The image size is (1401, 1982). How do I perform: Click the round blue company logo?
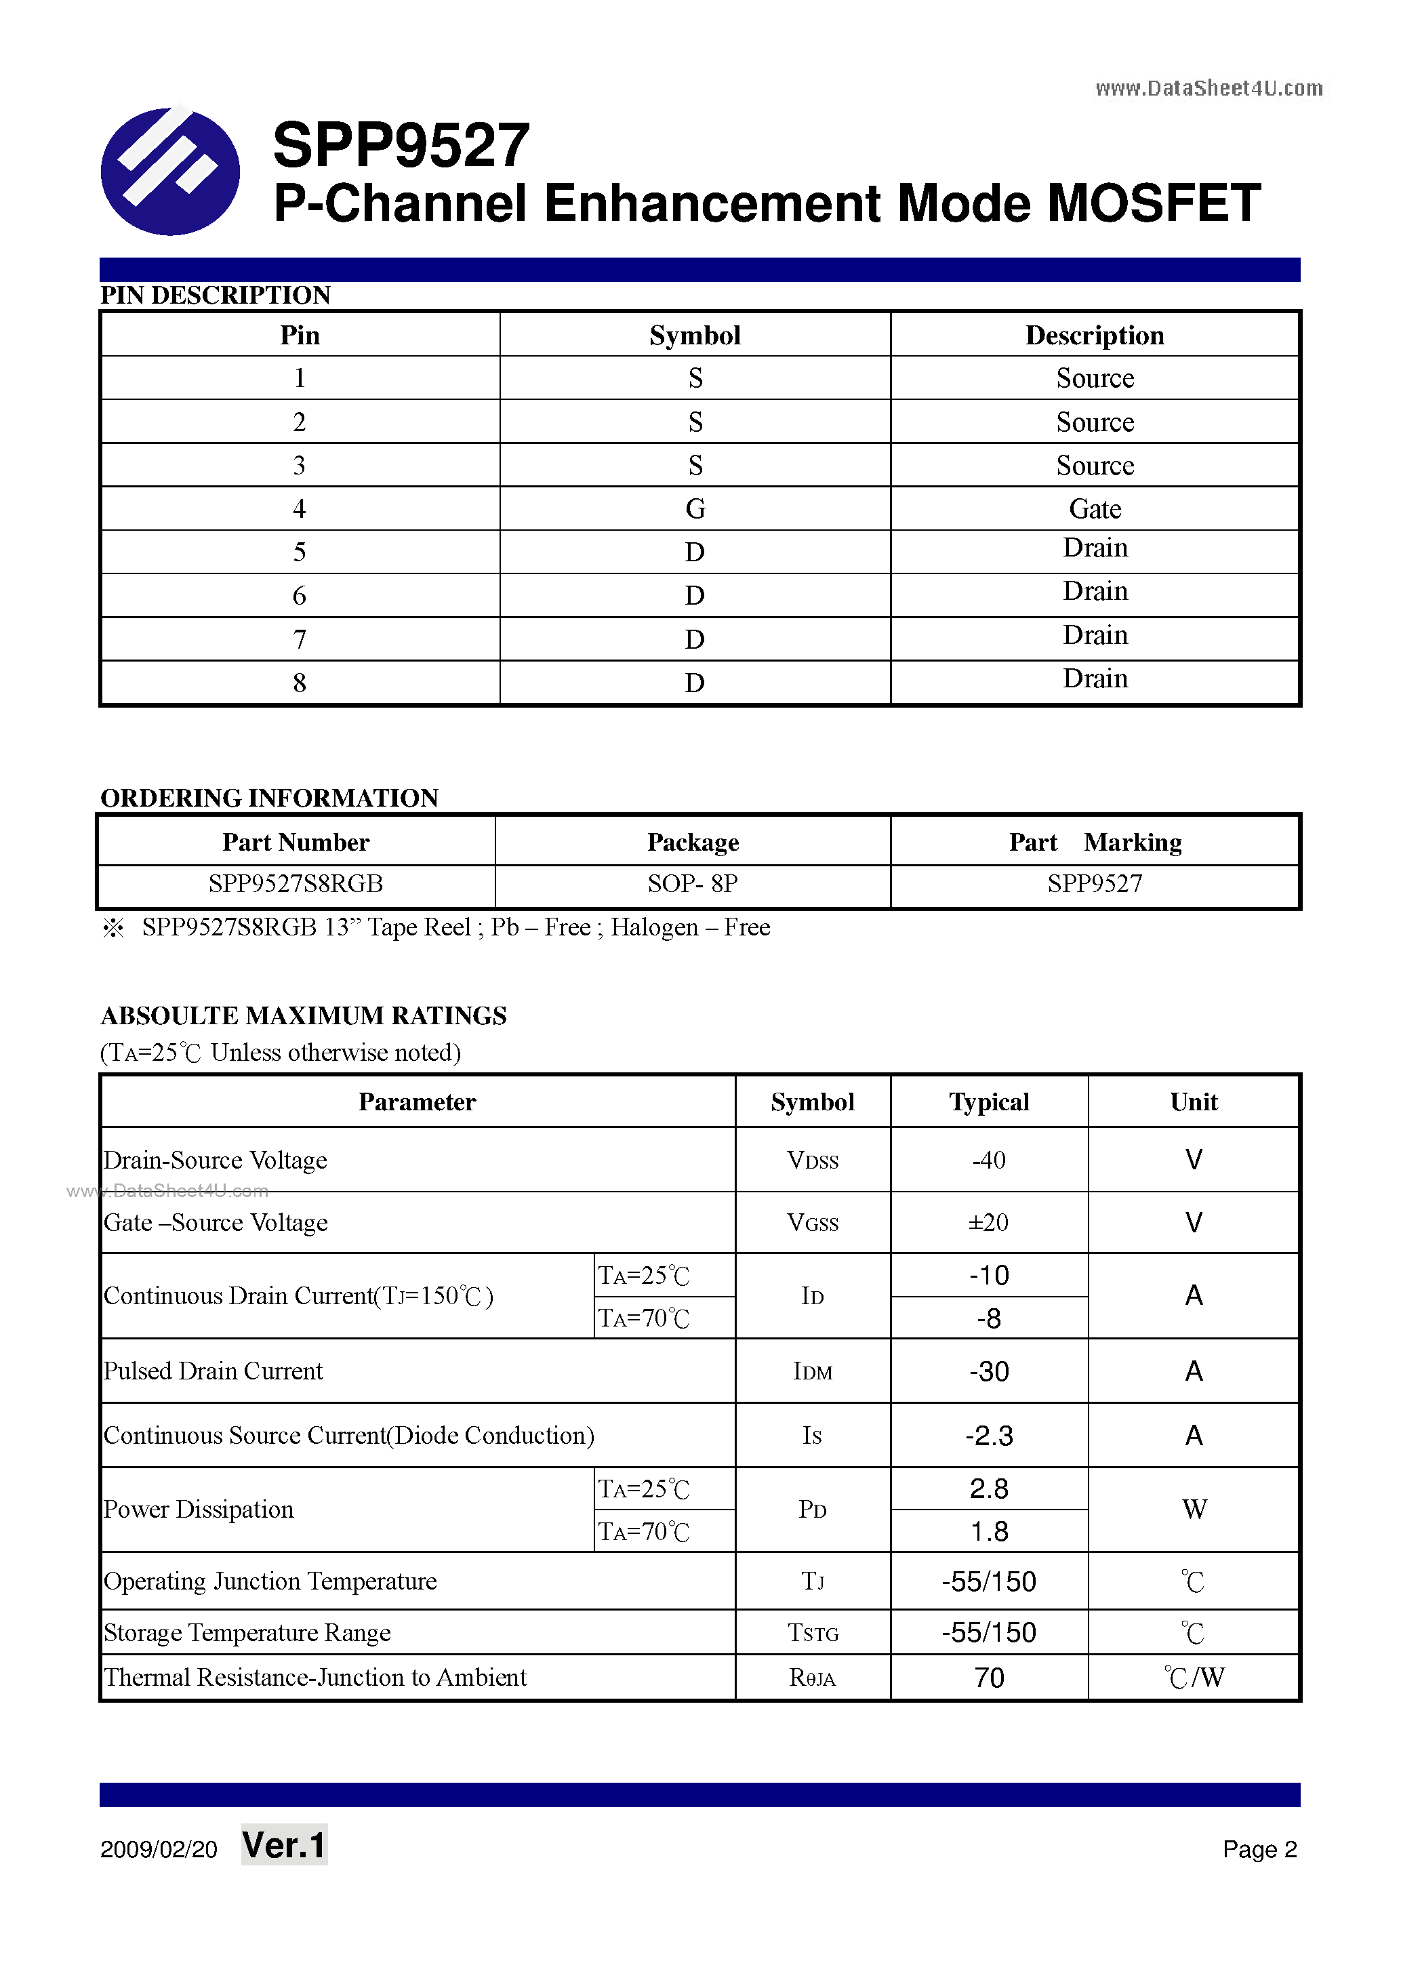tap(170, 171)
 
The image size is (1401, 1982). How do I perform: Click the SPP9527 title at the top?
tap(401, 145)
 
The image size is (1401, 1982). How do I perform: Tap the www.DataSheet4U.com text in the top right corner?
tap(1208, 88)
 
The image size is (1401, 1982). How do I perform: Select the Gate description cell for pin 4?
tap(1094, 508)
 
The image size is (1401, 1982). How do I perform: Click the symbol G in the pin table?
tap(695, 508)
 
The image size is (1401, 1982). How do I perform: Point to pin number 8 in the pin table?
tap(299, 683)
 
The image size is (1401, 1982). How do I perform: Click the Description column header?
tap(1094, 335)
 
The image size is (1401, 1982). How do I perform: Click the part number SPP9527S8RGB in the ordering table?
tap(296, 884)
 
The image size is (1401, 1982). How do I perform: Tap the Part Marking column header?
tap(1095, 842)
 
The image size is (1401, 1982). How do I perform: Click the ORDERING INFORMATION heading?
tap(269, 798)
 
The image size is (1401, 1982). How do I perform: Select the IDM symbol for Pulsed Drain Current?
tap(812, 1372)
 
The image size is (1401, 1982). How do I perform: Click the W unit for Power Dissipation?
tap(1194, 1509)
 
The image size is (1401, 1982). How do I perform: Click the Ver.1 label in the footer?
tap(284, 1845)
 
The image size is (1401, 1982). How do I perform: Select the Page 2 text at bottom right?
tap(1259, 1848)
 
